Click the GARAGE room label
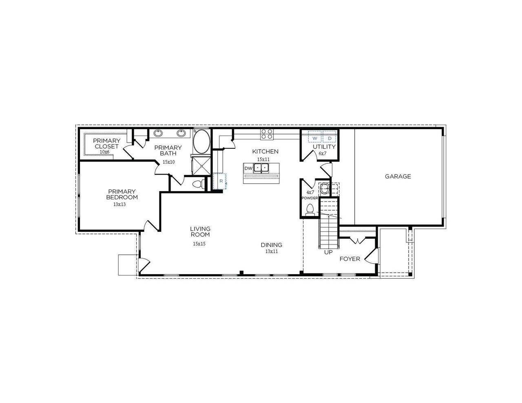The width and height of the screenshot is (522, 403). click(398, 176)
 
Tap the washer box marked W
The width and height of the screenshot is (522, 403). click(315, 139)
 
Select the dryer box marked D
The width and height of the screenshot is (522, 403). click(330, 139)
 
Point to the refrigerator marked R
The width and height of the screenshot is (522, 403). click(220, 181)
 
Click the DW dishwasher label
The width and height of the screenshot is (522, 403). click(248, 168)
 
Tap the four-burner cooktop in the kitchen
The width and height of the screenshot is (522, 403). click(267, 134)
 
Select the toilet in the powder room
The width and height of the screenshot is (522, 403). click(310, 209)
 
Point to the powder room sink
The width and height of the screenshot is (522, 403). click(325, 189)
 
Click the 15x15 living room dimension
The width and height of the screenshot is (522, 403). click(199, 244)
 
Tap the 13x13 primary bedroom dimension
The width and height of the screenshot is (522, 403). click(119, 205)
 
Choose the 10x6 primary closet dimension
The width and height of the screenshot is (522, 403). click(105, 152)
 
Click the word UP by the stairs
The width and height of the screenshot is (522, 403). click(328, 252)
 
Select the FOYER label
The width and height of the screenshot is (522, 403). click(350, 259)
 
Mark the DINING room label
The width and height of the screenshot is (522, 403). click(272, 245)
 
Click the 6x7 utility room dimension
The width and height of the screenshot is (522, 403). click(323, 154)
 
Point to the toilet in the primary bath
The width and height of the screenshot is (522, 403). click(198, 184)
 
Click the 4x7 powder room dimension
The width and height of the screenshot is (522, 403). click(310, 192)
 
